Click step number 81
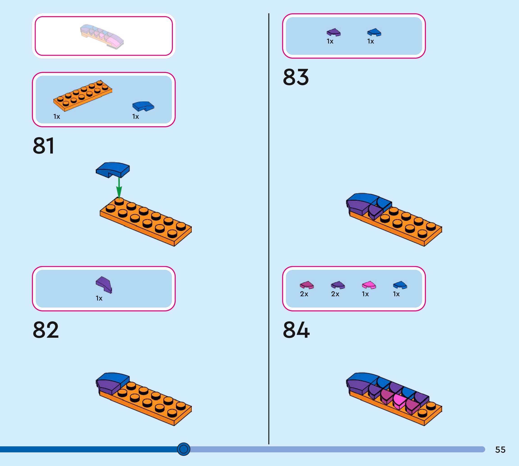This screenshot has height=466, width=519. click(43, 146)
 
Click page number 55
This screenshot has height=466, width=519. click(500, 450)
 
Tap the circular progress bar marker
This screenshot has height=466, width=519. click(183, 449)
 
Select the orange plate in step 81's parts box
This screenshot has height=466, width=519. click(83, 96)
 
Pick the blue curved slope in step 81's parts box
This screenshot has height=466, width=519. click(143, 106)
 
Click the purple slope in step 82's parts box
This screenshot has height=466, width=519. click(104, 284)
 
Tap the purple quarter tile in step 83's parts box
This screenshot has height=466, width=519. click(334, 32)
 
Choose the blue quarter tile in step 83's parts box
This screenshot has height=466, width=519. click(374, 32)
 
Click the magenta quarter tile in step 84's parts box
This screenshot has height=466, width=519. click(306, 285)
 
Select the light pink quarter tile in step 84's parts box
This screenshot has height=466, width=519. click(369, 285)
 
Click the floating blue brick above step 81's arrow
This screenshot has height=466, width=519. click(113, 169)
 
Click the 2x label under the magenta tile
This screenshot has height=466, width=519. click(304, 294)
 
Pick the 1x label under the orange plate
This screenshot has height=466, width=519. click(57, 117)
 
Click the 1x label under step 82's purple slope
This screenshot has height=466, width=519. click(99, 298)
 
